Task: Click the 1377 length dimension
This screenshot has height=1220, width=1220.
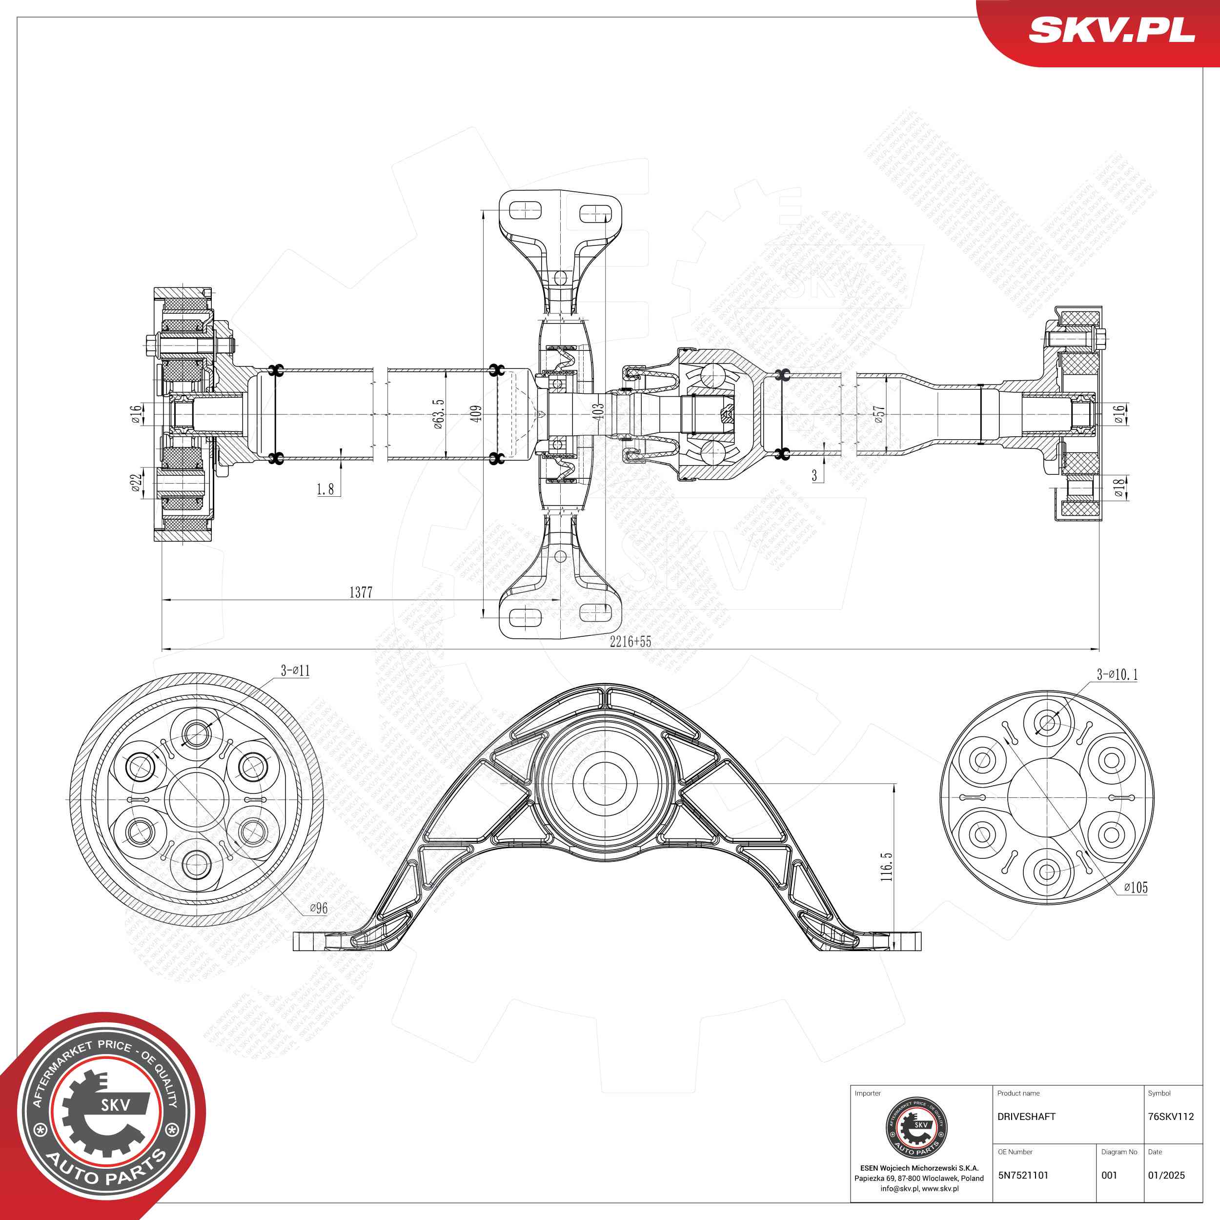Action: click(361, 591)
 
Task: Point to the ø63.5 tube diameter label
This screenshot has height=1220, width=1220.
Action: click(438, 414)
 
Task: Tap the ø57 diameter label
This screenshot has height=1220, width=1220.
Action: click(879, 414)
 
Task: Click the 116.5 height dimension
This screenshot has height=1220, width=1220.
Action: click(887, 866)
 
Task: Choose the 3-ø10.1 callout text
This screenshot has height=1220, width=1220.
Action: click(1117, 674)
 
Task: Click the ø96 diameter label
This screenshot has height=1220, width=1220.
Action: click(318, 908)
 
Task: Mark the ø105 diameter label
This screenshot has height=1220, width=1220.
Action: click(1136, 887)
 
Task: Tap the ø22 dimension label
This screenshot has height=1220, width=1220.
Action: click(136, 484)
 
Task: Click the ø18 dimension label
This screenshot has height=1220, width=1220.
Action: click(1118, 487)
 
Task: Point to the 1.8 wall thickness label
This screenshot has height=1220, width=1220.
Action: click(325, 489)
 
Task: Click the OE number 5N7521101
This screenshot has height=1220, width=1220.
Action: click(1023, 1175)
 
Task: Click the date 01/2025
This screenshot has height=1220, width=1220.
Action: click(1166, 1175)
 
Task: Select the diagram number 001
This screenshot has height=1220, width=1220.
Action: click(1109, 1175)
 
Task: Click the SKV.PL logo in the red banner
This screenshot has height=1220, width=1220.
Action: click(1111, 30)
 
